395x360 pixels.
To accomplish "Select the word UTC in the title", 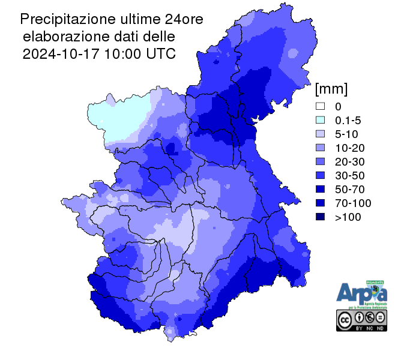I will [x=161, y=53].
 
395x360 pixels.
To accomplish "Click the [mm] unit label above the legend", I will [x=331, y=89].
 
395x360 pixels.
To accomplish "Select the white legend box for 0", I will [x=321, y=106].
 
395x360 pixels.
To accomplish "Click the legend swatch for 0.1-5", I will [x=321, y=120].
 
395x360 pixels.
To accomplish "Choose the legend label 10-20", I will [x=348, y=148].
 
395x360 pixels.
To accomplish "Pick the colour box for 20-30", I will [x=321, y=161].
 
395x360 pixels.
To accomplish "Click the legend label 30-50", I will [x=348, y=175].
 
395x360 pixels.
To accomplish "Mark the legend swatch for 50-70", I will [x=321, y=189].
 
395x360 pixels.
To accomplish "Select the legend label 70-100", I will [x=351, y=203].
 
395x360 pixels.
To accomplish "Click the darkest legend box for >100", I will [x=321, y=217].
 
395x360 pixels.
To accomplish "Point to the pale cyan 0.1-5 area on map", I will [x=117, y=120].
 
